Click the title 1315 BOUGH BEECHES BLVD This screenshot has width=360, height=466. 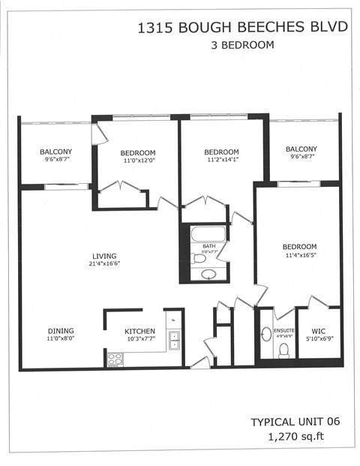243,28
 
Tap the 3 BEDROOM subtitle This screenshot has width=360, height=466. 243,45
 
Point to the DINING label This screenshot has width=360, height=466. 61,330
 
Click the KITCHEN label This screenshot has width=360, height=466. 139,331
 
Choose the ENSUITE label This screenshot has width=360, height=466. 283,330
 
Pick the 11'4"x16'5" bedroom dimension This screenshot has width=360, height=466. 299,255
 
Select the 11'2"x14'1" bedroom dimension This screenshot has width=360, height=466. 221,160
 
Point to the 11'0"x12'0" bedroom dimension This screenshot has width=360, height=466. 139,160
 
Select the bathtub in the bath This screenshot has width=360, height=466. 208,233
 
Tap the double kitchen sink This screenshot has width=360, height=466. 174,340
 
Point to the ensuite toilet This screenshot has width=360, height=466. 283,350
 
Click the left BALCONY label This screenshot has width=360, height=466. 55,152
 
